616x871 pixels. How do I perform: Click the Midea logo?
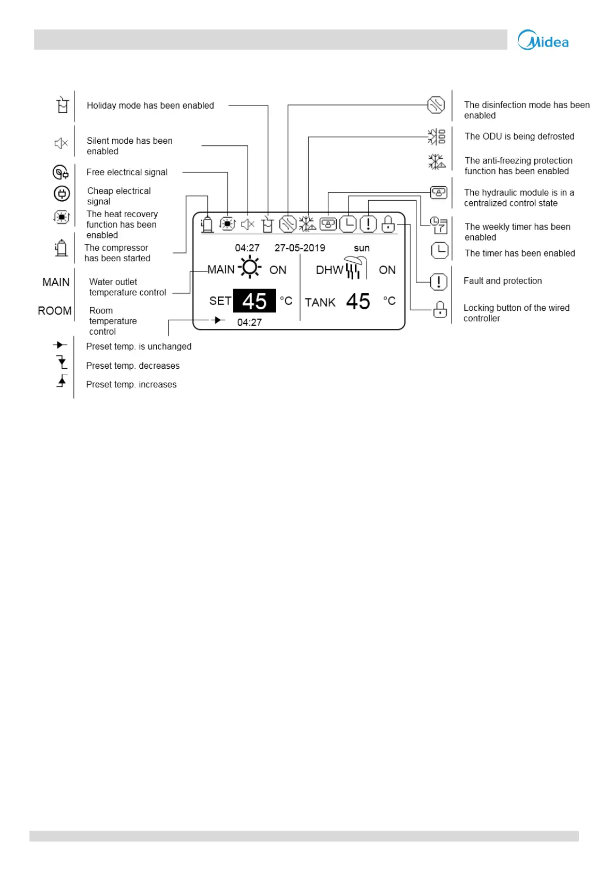pos(543,41)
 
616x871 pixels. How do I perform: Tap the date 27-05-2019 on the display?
pos(299,248)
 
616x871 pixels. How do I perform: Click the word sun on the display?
pos(362,248)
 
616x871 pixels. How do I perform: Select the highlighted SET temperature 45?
pos(254,301)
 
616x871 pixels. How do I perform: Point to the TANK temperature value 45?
pos(358,302)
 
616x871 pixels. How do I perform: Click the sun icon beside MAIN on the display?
pos(250,267)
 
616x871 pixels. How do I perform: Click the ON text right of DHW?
pos(387,270)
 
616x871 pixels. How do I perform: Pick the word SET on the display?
pos(220,301)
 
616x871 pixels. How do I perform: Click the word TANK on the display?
pos(320,303)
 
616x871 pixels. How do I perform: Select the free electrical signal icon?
pos(61,172)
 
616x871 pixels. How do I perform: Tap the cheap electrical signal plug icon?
pos(62,194)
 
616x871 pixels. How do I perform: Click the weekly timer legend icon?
pos(439,225)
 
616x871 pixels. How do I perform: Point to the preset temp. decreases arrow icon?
pos(62,362)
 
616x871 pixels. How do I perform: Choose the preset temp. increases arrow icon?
pos(62,381)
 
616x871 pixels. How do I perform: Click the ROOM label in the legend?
pos(54,311)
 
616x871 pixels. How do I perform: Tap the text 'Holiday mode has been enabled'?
pos(150,106)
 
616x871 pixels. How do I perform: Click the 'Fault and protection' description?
pos(502,281)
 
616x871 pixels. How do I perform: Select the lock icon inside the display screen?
pos(388,224)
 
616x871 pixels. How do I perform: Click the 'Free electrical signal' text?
pos(127,172)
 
